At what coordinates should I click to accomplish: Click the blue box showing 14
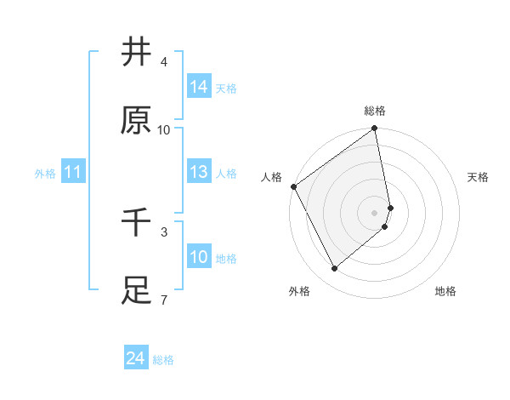pos(199,87)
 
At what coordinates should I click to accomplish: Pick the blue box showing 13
pos(199,172)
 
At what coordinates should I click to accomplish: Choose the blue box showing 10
pos(199,257)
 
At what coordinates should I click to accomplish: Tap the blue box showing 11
pos(73,172)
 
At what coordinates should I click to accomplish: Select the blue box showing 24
pos(135,359)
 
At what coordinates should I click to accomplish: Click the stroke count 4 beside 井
pos(164,62)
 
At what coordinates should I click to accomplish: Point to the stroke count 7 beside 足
pos(164,300)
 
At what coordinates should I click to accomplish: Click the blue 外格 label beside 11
pos(45,173)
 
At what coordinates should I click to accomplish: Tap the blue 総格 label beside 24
pos(163,360)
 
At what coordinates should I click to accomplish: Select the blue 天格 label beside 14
pos(226,88)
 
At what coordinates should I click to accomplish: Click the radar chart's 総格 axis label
pos(375,111)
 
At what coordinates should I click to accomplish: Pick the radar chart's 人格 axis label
pos(272,176)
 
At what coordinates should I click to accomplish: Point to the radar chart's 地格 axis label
pos(445,291)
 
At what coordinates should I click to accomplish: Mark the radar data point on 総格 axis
pos(375,129)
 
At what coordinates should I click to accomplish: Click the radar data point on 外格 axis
pos(335,268)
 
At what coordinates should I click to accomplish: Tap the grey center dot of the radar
pos(375,212)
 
